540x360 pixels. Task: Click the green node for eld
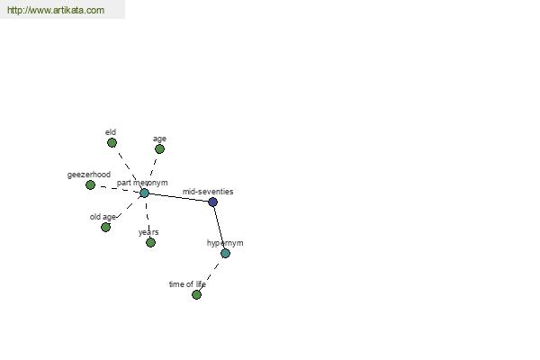click(x=112, y=142)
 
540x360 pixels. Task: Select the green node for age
click(x=159, y=149)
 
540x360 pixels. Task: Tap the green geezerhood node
click(x=90, y=185)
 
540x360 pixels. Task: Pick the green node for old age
click(x=105, y=228)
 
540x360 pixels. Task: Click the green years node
click(x=150, y=242)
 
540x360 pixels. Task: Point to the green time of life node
click(x=196, y=295)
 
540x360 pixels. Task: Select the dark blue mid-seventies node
click(x=212, y=202)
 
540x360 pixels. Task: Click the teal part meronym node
click(x=144, y=193)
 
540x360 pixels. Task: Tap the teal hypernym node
click(x=225, y=254)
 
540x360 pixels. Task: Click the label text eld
click(x=111, y=132)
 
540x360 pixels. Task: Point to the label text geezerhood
click(x=89, y=175)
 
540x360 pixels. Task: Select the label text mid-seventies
click(x=208, y=192)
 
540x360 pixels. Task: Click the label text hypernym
click(x=225, y=243)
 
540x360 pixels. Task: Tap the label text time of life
click(x=188, y=284)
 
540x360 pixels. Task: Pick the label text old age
click(x=103, y=217)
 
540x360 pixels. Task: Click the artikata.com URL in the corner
click(x=56, y=10)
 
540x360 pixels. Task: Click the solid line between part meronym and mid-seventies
click(x=178, y=197)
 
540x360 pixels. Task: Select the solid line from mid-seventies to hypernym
click(x=219, y=228)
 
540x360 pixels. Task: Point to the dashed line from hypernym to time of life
click(x=210, y=275)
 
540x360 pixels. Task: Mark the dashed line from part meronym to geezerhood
click(x=117, y=189)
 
